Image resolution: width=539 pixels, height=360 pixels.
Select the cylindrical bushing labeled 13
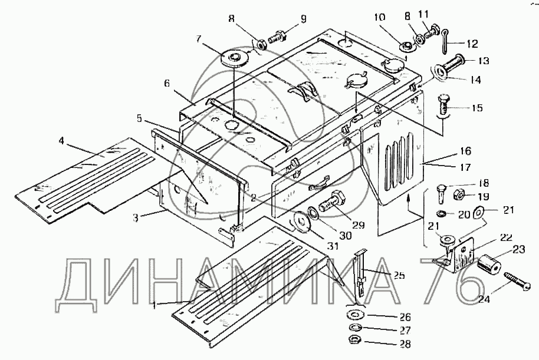coord(457,62)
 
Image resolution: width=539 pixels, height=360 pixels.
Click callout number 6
coord(168,84)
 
